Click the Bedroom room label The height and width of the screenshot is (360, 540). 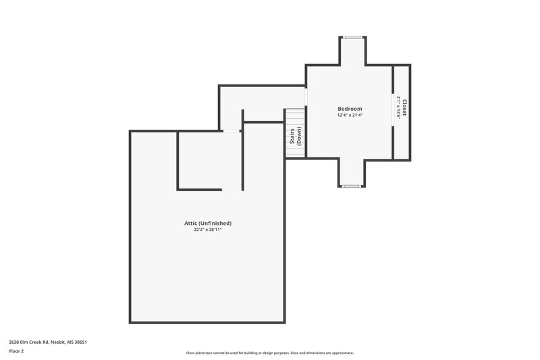[x=350, y=109]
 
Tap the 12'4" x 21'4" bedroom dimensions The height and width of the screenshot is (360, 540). [x=350, y=115]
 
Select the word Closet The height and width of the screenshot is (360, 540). [x=405, y=107]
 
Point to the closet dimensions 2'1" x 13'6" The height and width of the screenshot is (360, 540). [x=399, y=107]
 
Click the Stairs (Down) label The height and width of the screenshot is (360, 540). [x=296, y=136]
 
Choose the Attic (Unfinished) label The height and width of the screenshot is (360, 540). [x=208, y=223]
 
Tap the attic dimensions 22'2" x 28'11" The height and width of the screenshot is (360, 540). [x=208, y=230]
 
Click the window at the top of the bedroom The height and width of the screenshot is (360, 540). [x=352, y=38]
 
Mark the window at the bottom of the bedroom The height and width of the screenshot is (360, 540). [x=352, y=185]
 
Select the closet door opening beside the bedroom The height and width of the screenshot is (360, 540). [x=394, y=107]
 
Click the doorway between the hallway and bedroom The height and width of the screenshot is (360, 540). [x=306, y=97]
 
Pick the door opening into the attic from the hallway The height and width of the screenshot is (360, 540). [x=232, y=130]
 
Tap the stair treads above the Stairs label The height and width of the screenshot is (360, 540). [x=295, y=116]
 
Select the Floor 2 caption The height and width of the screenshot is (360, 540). [x=16, y=352]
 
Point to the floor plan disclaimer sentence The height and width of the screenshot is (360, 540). [x=269, y=353]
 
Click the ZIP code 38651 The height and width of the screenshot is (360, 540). [x=80, y=342]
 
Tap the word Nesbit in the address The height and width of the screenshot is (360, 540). [x=55, y=342]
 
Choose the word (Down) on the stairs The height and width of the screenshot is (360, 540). [x=299, y=136]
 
